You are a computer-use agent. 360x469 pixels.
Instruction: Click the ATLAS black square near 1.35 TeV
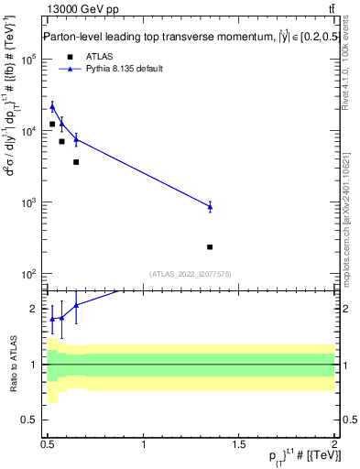click(x=210, y=247)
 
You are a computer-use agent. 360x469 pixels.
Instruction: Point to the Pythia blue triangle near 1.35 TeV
click(x=210, y=206)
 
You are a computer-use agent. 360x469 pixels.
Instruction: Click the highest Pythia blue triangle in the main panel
click(x=52, y=106)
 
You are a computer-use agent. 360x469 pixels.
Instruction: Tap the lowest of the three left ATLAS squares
click(x=76, y=162)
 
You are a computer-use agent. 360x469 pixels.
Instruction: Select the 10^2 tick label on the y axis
click(x=27, y=274)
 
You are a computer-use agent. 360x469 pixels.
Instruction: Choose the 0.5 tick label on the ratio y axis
click(x=29, y=420)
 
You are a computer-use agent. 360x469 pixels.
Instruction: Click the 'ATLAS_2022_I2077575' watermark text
click(x=190, y=274)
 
